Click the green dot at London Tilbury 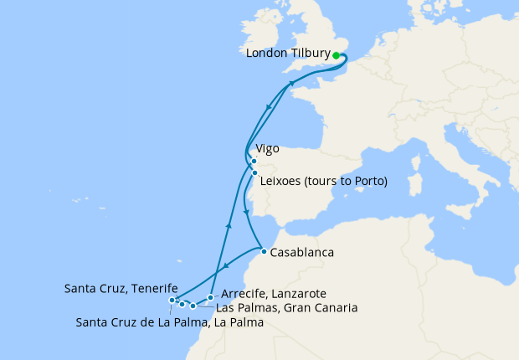337,55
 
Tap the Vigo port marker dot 254,162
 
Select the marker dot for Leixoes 254,173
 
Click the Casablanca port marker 264,251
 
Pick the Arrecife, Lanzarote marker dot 210,297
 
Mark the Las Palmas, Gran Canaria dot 193,306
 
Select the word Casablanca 302,251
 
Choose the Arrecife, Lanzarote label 273,294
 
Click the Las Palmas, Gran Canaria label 286,308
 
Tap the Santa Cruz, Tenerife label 121,288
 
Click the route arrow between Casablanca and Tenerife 225,265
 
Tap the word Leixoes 280,181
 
